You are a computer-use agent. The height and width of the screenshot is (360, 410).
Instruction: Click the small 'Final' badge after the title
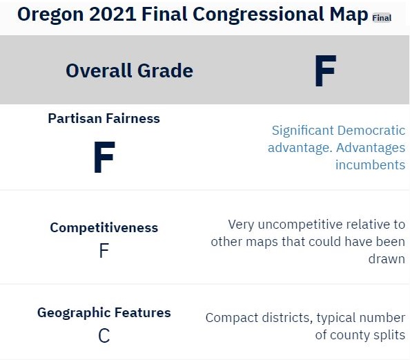(382, 18)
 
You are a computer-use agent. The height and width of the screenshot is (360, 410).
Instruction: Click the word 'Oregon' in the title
(50, 15)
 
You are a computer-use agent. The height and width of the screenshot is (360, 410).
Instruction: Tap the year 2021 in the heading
(113, 14)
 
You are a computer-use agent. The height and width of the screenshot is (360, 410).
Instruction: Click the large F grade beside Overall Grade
(326, 70)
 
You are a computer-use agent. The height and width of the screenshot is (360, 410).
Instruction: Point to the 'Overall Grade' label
(130, 70)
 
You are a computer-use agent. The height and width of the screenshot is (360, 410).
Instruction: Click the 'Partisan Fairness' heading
(104, 118)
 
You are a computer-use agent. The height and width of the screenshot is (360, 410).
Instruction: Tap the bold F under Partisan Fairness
(104, 157)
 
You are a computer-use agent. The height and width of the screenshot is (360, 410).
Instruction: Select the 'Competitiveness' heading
(104, 227)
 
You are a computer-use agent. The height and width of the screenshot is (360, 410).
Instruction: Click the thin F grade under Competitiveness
(104, 250)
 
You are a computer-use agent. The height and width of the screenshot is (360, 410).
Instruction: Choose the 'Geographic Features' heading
(104, 312)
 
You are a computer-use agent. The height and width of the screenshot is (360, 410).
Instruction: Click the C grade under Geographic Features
(104, 336)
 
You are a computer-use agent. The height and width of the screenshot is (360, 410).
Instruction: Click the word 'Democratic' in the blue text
(371, 131)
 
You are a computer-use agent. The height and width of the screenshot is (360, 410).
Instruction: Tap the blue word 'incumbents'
(370, 165)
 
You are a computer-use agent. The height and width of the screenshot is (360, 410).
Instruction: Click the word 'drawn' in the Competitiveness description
(387, 259)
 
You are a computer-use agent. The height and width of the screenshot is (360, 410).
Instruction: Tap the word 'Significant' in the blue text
(303, 131)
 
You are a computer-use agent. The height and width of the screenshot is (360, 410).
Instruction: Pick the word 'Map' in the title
(349, 15)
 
